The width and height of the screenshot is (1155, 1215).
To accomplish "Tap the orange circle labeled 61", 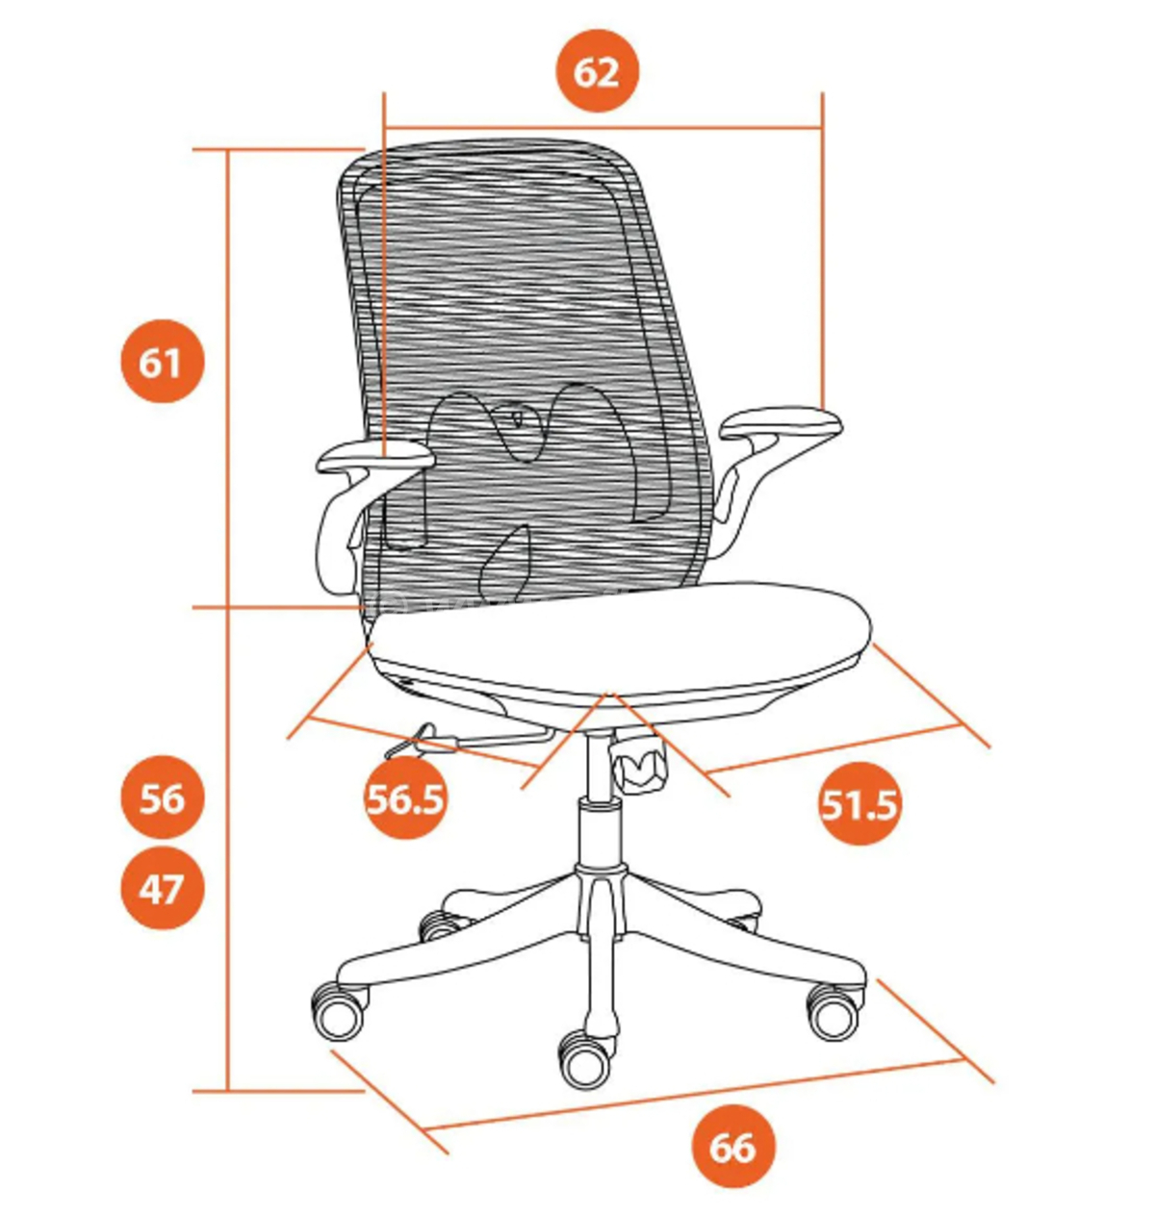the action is [162, 361].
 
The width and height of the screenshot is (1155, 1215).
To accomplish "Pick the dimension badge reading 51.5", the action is [859, 803].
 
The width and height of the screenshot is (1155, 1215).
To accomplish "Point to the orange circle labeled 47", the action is [162, 888].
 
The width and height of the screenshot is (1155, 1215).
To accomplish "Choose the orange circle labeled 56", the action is [162, 797].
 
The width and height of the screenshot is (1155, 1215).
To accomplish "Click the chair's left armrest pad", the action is [374, 457].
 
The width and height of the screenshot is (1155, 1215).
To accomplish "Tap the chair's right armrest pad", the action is [781, 422].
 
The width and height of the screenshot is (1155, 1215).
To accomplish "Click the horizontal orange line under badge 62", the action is [603, 129].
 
